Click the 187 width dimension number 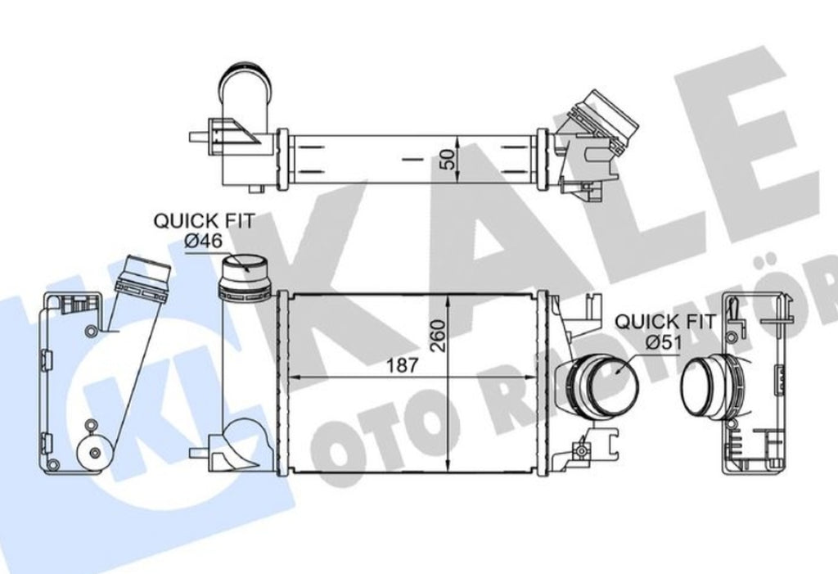(402, 365)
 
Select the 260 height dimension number (439, 336)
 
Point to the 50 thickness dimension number (448, 159)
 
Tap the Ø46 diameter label (203, 241)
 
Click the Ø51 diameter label (663, 341)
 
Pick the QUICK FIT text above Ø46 (204, 221)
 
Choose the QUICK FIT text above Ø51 (665, 322)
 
